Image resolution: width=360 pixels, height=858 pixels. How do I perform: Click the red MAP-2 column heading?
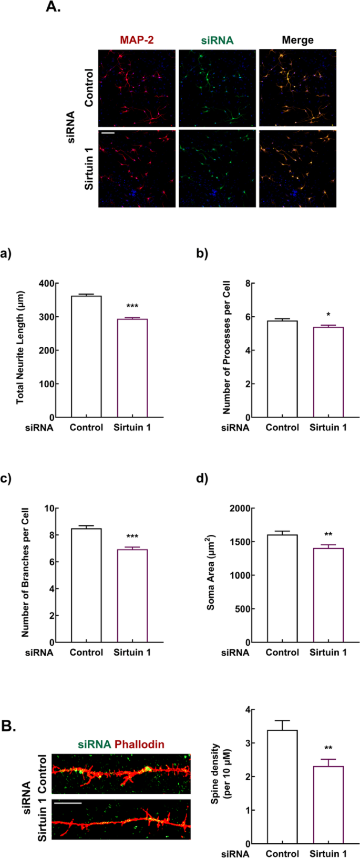137,40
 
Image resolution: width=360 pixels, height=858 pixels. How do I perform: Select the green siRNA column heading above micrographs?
217,40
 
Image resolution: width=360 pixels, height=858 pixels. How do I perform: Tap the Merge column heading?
297,40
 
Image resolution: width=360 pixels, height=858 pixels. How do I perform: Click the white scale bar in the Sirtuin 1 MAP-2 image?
108,133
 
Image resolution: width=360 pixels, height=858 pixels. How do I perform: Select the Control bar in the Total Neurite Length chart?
86,357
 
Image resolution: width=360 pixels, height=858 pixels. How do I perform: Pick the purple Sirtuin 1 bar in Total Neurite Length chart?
132,368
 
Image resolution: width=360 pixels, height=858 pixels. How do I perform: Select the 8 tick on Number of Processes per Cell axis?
245,284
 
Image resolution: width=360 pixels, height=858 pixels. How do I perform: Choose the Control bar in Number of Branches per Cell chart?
86,585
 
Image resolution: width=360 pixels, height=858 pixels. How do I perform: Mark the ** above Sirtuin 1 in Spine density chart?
328,748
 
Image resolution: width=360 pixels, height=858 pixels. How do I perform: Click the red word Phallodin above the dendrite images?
139,744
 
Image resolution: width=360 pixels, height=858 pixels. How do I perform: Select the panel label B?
8,726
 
